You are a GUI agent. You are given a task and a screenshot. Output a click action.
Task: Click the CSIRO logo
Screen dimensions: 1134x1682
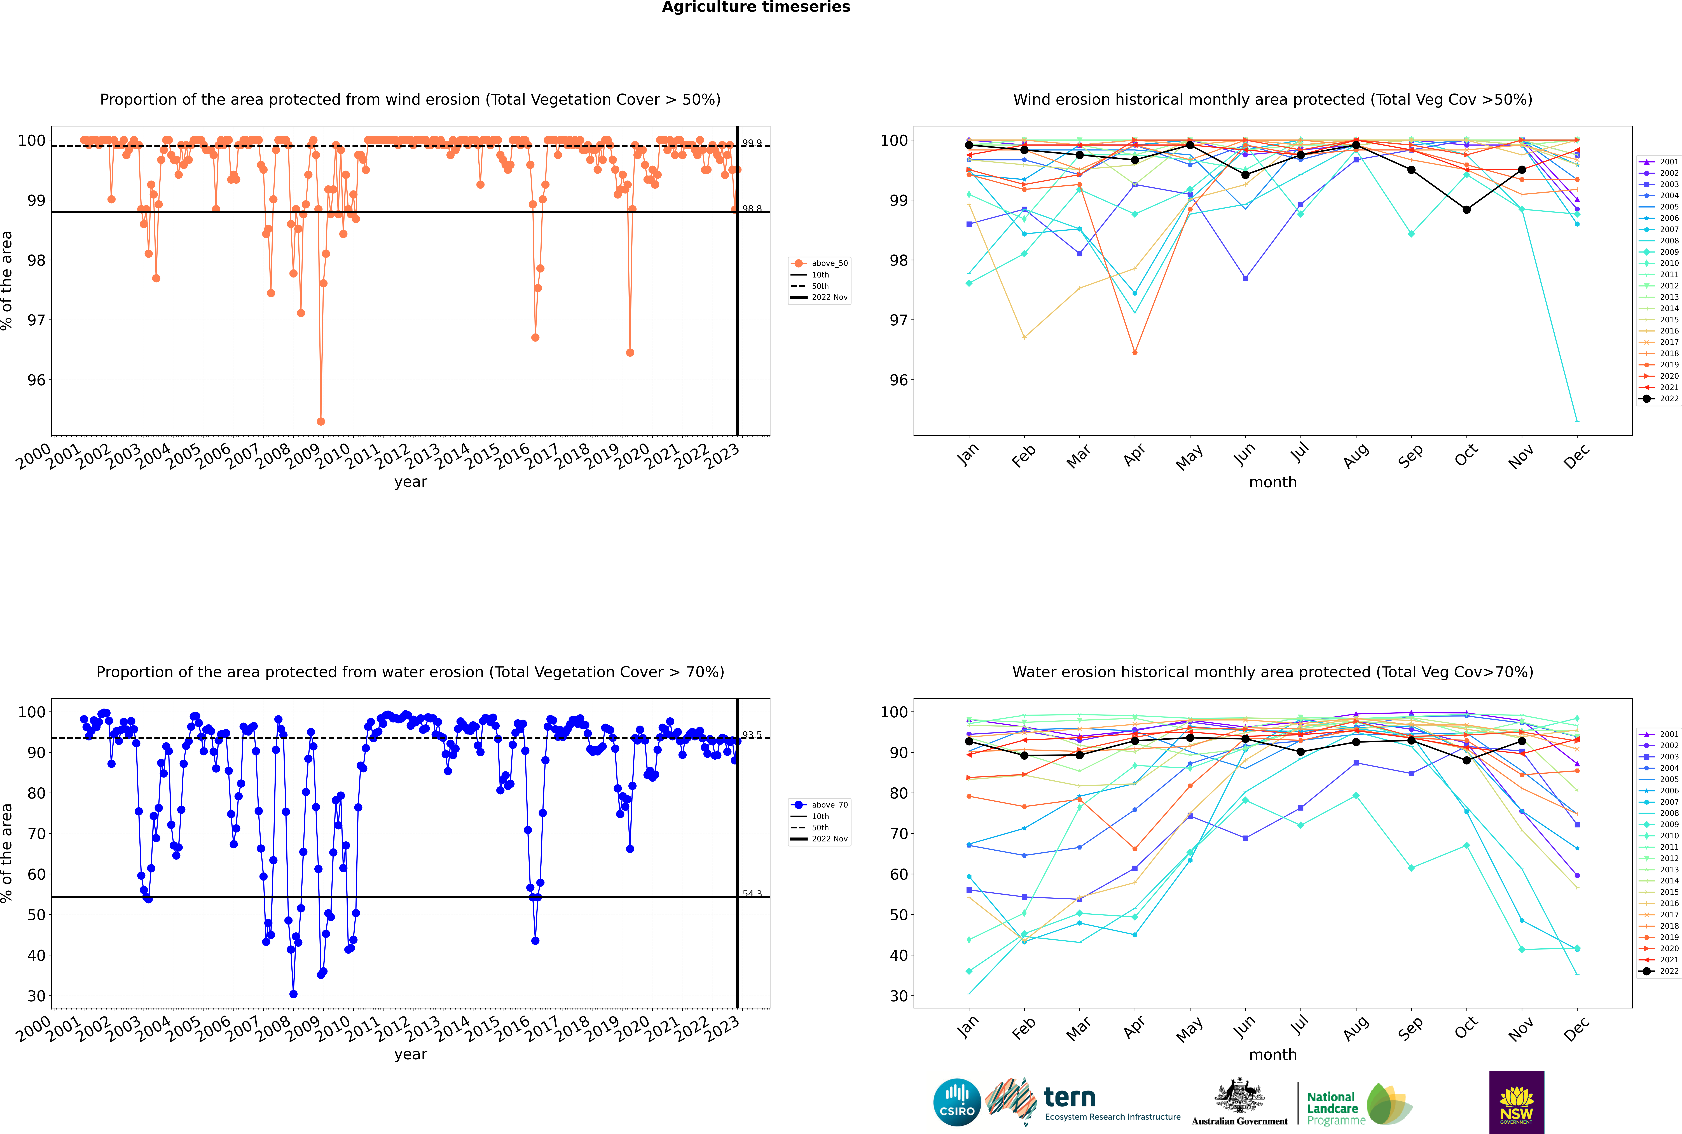(957, 1102)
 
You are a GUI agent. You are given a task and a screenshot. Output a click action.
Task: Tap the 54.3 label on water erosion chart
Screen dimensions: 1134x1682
(752, 894)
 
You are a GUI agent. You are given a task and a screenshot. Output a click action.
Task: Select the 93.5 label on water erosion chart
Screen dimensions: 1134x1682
(752, 735)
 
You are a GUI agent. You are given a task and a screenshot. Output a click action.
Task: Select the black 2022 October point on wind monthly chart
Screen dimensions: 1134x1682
(1466, 210)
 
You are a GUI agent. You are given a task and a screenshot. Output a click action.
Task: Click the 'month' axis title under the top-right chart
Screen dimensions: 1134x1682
(1273, 482)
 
